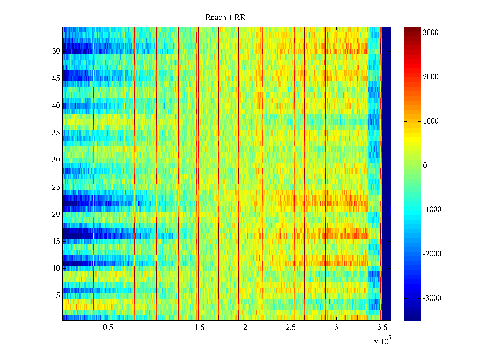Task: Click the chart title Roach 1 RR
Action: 225,18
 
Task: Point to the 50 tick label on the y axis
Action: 56,51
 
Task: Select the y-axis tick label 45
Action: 56,79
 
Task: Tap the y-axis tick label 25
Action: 56,187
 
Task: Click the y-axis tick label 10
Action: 56,268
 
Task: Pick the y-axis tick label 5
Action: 58,296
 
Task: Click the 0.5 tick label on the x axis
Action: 108,328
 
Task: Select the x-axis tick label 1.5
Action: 199,328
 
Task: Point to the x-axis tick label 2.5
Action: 291,328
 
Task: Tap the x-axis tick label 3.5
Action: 382,328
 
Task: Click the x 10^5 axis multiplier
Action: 382,341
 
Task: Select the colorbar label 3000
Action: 430,33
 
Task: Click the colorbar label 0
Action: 425,166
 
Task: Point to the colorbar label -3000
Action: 432,298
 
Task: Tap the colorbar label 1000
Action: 430,121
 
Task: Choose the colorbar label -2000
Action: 432,254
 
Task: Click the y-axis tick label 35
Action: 56,133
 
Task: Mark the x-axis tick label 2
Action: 245,328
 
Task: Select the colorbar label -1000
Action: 432,210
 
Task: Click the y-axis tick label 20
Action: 56,214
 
